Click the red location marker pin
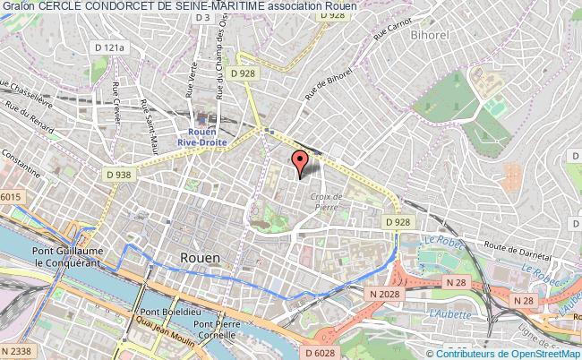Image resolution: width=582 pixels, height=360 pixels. tap(300, 162)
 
